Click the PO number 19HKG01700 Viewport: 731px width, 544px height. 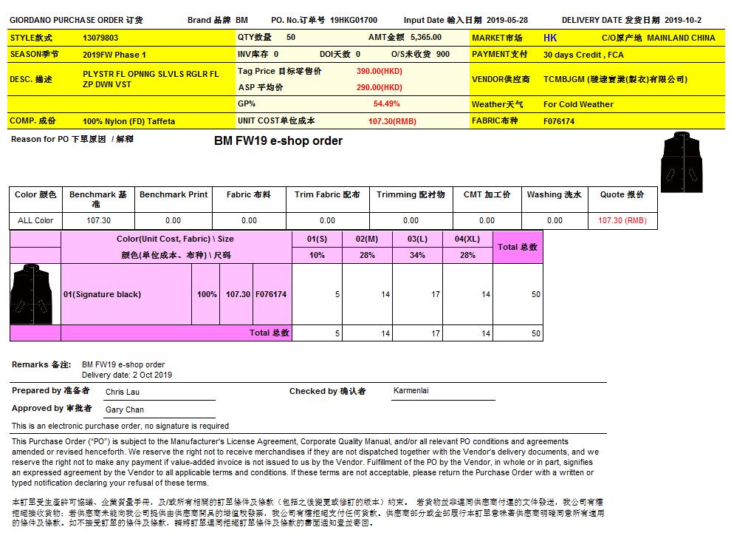tap(354, 21)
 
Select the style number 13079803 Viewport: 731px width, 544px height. tap(100, 37)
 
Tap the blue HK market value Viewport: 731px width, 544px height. tap(550, 38)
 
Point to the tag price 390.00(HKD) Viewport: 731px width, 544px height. tap(380, 71)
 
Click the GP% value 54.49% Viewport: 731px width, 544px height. tap(386, 104)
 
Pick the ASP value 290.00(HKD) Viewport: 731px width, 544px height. tap(380, 87)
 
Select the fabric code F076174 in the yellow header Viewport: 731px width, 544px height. tap(559, 121)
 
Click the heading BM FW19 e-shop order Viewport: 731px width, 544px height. tap(278, 140)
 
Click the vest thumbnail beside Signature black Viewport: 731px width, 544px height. tap(30, 294)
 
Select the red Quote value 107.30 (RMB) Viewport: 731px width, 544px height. tap(622, 220)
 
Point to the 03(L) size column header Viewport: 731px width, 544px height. tap(417, 239)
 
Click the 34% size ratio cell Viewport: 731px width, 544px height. tap(417, 255)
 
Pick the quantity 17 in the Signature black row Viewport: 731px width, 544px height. tap(435, 294)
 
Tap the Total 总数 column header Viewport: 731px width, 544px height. tap(518, 247)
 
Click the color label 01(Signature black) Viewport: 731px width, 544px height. tap(103, 294)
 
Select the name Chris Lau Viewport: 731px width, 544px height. tap(123, 392)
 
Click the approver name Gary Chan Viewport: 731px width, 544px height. tap(125, 409)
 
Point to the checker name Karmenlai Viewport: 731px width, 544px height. tap(411, 390)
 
